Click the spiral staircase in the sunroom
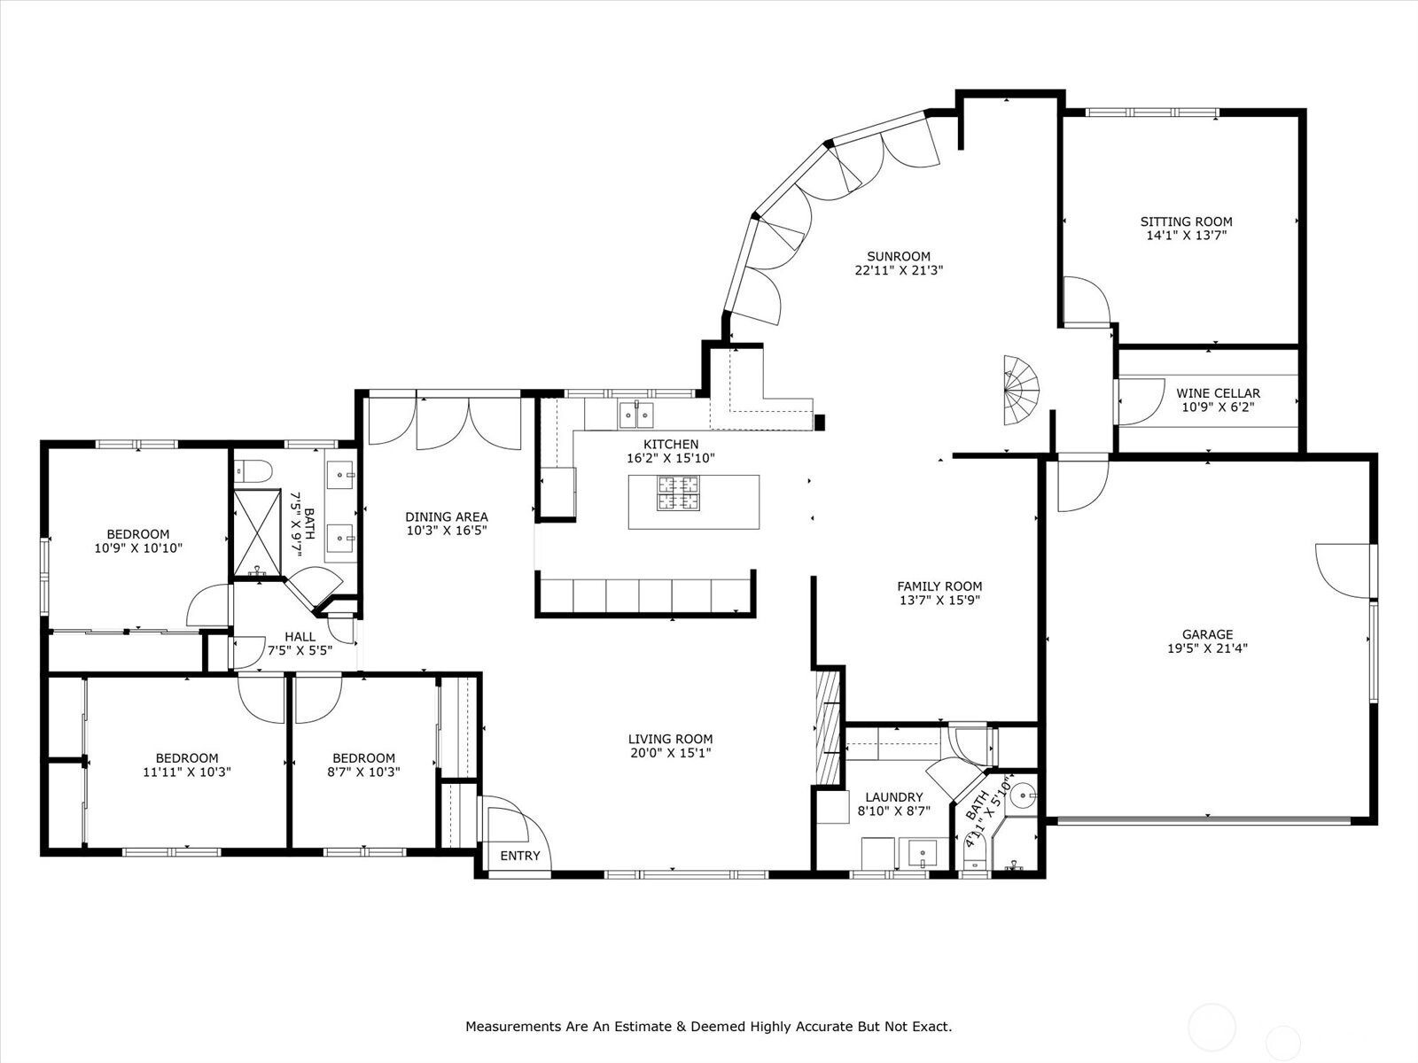[x=1021, y=390]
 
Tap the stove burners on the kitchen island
[x=678, y=493]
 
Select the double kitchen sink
[x=636, y=415]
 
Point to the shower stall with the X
[x=257, y=532]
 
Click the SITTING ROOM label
[x=1186, y=221]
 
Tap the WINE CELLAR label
[x=1218, y=393]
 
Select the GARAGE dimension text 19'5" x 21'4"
[x=1207, y=648]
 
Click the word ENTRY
[x=520, y=856]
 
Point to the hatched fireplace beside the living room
[x=828, y=727]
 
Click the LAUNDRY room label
[x=894, y=797]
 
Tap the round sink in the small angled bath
[x=1024, y=795]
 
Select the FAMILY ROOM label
[x=939, y=586]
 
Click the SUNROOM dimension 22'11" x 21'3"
[x=899, y=270]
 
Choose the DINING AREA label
[x=447, y=516]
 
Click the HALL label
[x=300, y=636]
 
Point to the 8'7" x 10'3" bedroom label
[x=363, y=764]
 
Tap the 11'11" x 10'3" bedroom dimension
[x=187, y=772]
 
